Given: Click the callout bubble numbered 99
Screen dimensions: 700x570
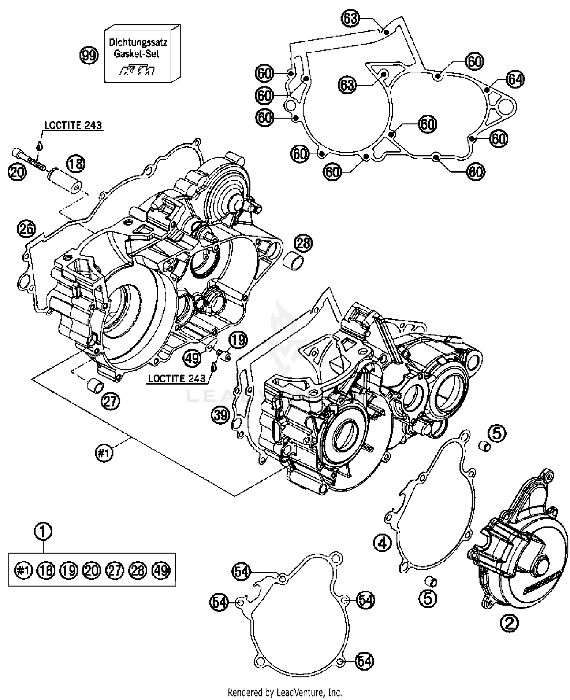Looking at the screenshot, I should click(89, 56).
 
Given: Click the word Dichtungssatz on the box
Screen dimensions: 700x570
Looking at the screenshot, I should click(138, 42).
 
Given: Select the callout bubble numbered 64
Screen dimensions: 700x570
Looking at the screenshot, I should click(515, 80).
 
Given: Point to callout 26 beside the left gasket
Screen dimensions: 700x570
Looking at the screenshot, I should click(27, 229).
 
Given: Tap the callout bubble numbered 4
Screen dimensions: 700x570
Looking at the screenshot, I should click(383, 543).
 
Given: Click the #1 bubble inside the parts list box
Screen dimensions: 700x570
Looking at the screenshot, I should click(23, 570).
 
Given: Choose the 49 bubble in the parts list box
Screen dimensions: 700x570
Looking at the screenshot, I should click(161, 570).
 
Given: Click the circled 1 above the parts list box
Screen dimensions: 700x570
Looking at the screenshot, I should click(43, 531).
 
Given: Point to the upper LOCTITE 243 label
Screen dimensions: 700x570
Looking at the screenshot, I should click(73, 125).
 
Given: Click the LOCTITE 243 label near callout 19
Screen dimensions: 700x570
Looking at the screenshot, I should click(177, 379).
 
